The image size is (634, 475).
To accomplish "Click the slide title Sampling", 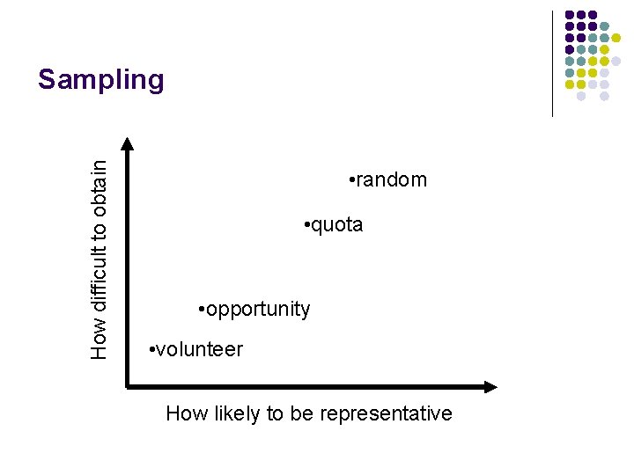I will click(x=100, y=80).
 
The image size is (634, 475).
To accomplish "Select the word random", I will click(x=391, y=180).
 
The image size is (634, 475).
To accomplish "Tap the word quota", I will click(x=335, y=225).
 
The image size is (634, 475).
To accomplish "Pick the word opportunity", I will click(x=258, y=310).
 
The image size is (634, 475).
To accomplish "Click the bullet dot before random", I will click(x=350, y=181).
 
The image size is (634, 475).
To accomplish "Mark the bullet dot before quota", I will click(x=305, y=226).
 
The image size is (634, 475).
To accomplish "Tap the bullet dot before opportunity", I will click(x=202, y=310).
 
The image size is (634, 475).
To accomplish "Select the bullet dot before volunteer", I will click(x=153, y=350).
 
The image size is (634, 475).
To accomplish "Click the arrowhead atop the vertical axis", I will click(x=128, y=142).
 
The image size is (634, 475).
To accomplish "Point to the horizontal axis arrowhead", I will click(x=490, y=386).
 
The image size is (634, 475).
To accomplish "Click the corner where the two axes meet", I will click(x=128, y=386).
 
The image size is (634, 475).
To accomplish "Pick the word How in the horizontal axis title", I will click(x=184, y=413).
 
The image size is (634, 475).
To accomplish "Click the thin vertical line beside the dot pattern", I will click(x=552, y=63).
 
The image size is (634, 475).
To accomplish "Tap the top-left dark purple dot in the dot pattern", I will click(x=570, y=15).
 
